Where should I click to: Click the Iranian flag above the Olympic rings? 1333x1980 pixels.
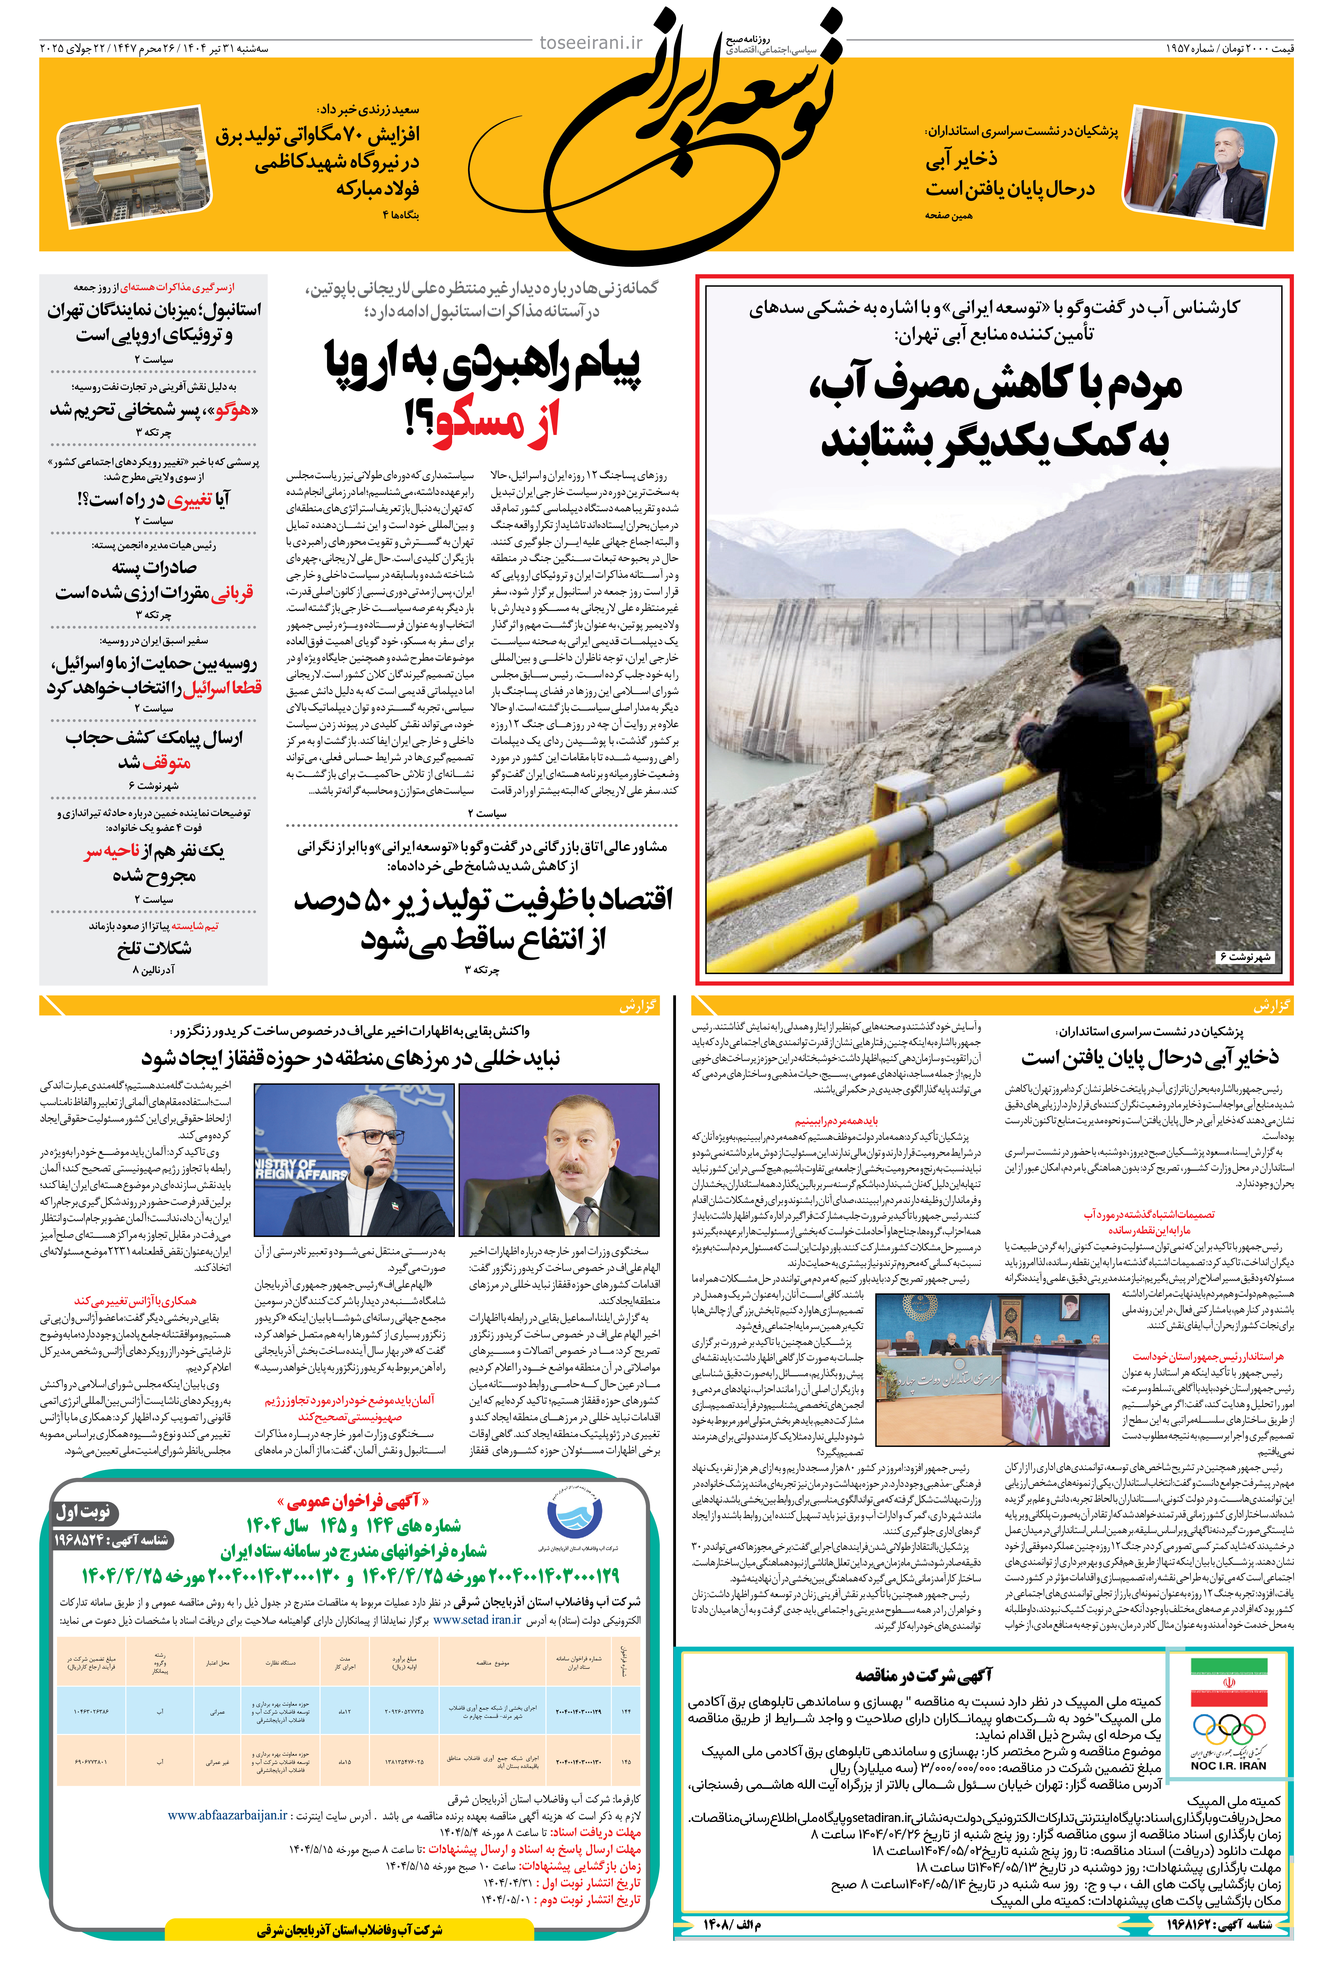(x=1228, y=1683)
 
